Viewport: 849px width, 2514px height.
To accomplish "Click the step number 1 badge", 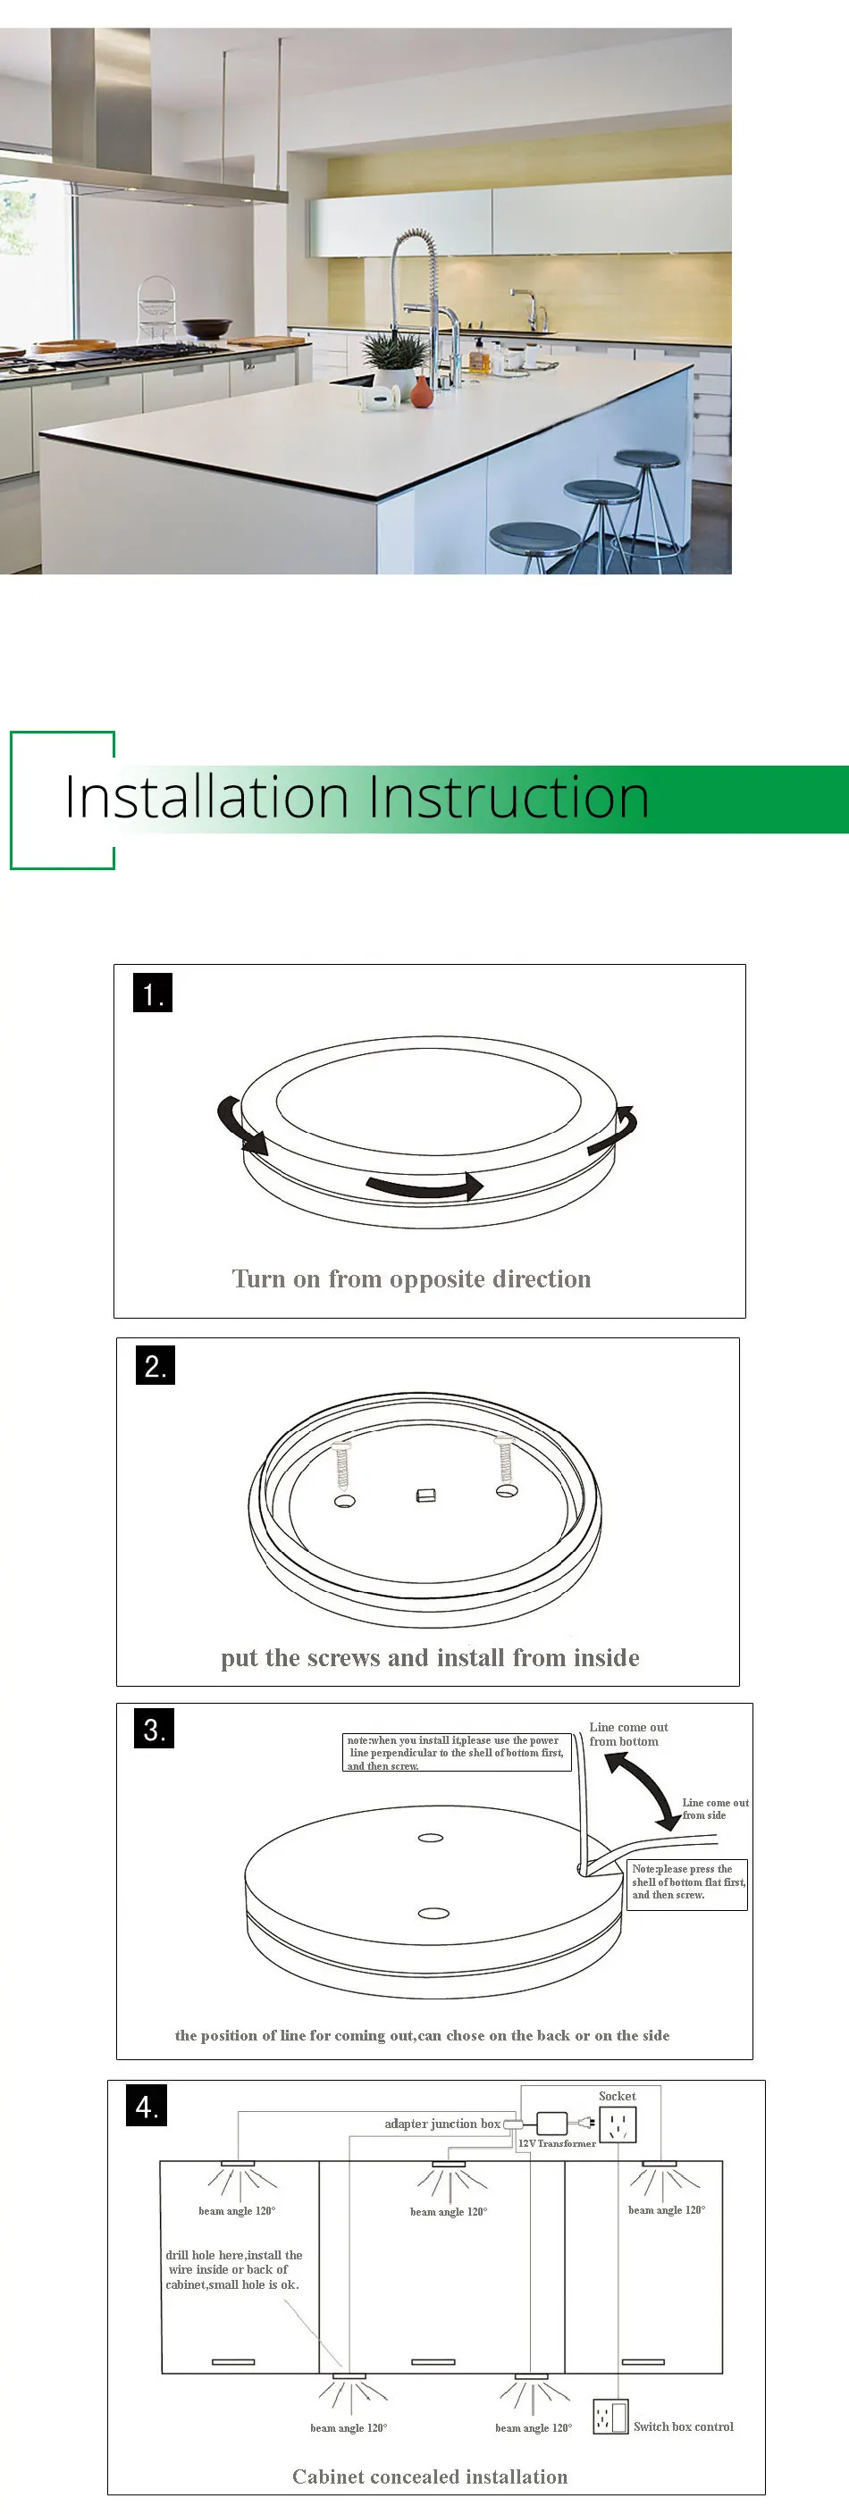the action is [x=153, y=993].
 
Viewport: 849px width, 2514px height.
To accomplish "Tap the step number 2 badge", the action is [x=156, y=1364].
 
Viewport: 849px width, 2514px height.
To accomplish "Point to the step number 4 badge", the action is [x=147, y=2106].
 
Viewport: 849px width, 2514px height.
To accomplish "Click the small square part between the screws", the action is [x=425, y=1496].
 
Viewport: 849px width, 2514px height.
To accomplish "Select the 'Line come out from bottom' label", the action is [x=627, y=1734].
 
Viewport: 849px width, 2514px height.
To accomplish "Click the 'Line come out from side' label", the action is [x=715, y=1808].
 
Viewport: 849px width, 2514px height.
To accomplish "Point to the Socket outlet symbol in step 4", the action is [x=618, y=2124].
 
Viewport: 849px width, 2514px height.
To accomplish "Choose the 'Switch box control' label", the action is [x=683, y=2426].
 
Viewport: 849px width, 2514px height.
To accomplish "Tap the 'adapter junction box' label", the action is [x=442, y=2124].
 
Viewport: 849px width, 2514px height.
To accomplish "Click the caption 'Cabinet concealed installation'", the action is [x=429, y=2476].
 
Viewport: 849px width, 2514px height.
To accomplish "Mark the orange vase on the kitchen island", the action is [x=421, y=391].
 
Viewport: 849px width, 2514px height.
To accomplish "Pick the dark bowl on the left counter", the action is [x=206, y=328].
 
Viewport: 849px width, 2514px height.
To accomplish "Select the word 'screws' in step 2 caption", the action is [x=342, y=1658].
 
